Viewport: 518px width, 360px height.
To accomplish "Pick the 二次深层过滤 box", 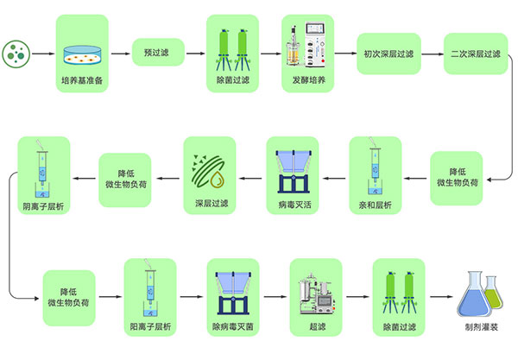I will pos(473,54).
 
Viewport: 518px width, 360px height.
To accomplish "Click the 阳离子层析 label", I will pos(150,327).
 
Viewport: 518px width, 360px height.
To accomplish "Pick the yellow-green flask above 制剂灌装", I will pos(496,294).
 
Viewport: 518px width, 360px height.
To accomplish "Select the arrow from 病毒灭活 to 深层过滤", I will pos(250,179).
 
